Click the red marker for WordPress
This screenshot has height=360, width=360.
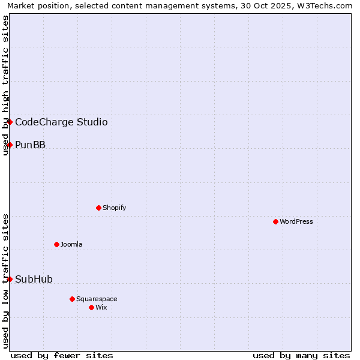[275, 221]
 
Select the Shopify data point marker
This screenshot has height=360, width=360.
[98, 208]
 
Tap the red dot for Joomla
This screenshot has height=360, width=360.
[56, 244]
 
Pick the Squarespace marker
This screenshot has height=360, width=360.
[72, 299]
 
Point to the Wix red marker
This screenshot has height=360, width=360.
[91, 307]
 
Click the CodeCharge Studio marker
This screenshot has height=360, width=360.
[10, 122]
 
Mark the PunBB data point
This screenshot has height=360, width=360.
[10, 145]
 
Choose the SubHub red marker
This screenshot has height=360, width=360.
[10, 279]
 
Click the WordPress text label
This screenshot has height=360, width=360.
[296, 221]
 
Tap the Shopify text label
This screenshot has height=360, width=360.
[115, 208]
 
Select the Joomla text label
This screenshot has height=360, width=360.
[71, 244]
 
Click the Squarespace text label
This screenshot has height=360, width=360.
[97, 299]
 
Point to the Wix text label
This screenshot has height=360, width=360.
[101, 307]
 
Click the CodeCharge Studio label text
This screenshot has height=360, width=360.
[61, 122]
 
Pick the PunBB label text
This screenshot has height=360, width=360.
[30, 145]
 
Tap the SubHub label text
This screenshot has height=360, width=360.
[34, 279]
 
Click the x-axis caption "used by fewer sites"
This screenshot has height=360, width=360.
[62, 355]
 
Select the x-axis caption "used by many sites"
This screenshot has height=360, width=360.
[301, 355]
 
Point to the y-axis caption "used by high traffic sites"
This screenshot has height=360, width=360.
[5, 85]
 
